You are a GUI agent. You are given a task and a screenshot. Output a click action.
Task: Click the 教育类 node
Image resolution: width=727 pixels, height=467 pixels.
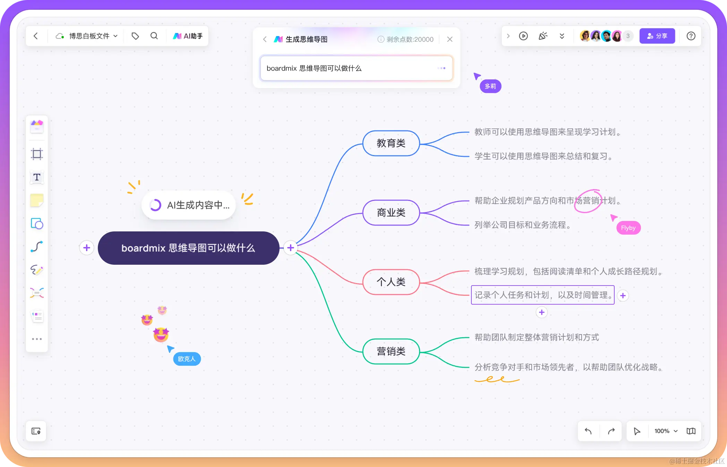(391, 143)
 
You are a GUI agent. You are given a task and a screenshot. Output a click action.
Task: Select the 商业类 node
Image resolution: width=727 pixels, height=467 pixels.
(391, 213)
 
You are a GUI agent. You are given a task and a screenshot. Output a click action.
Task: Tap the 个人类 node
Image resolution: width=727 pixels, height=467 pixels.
(391, 282)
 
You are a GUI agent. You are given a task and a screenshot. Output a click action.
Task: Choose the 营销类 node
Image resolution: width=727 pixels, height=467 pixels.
(391, 351)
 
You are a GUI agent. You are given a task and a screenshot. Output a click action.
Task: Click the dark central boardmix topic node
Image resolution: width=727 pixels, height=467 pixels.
(188, 248)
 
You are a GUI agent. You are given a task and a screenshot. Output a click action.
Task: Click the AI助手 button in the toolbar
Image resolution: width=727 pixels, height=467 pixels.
(188, 36)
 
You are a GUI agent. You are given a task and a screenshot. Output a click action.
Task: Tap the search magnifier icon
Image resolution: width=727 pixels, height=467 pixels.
(154, 36)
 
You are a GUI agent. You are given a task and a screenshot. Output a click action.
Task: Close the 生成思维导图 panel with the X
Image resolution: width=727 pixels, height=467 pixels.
(450, 40)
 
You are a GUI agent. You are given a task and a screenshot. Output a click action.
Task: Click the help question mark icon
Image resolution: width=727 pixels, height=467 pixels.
(691, 36)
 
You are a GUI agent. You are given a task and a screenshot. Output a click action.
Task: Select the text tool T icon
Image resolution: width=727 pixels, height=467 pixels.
(37, 177)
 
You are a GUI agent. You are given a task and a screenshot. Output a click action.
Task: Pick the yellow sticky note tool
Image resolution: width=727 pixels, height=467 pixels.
(37, 201)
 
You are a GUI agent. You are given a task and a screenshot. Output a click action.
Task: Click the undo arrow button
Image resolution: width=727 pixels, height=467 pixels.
(588, 431)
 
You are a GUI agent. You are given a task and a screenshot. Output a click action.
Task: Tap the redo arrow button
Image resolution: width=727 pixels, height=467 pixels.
(611, 431)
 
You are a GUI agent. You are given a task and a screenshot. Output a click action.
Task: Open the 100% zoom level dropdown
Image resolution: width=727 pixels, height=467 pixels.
(666, 431)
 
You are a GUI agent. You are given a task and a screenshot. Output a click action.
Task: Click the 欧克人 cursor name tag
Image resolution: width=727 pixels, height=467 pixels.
(187, 359)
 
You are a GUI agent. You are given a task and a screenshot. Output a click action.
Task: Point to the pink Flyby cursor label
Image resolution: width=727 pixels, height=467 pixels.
(628, 228)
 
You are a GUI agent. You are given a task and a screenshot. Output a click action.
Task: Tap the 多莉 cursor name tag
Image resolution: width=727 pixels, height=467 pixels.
(490, 86)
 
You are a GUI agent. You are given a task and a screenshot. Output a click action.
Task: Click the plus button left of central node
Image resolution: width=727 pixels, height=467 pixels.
(87, 248)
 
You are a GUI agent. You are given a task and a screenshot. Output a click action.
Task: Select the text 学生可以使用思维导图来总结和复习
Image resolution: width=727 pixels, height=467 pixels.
(543, 156)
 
